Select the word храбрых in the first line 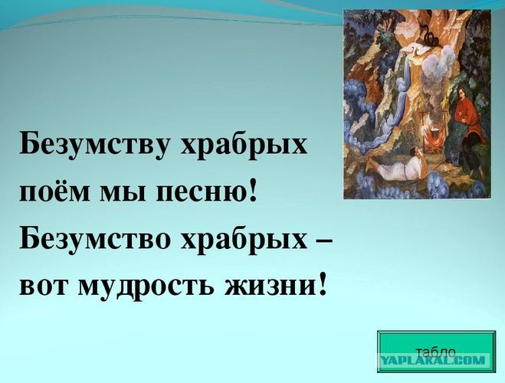243,144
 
